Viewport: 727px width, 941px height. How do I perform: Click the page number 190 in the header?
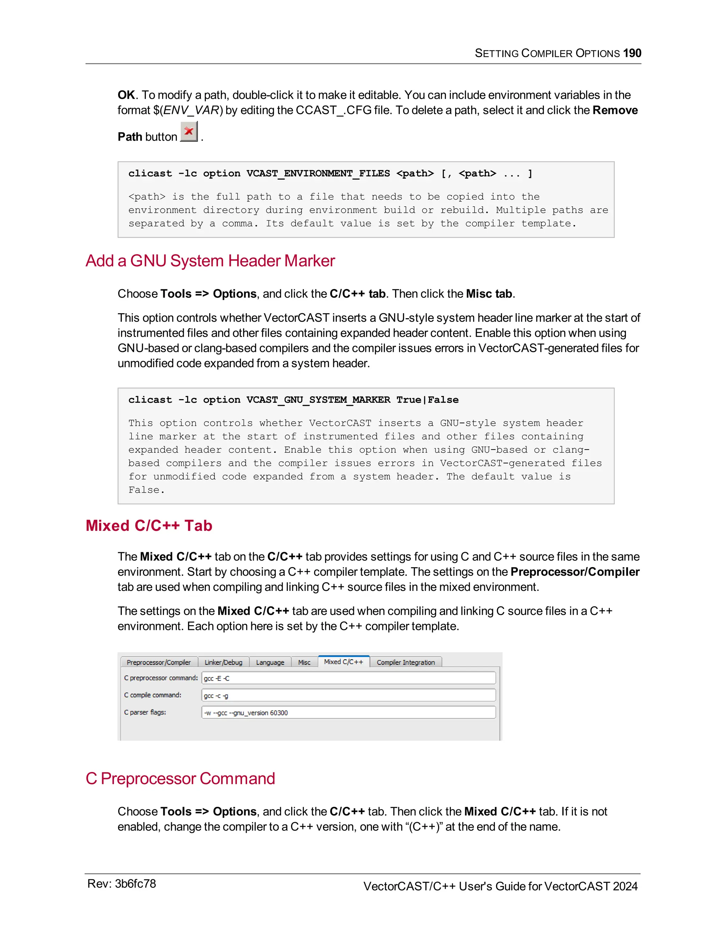[632, 53]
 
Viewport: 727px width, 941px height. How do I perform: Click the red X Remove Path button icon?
[188, 131]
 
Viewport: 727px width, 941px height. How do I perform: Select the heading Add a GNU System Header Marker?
[210, 261]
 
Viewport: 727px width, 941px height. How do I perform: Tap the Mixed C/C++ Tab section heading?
[149, 526]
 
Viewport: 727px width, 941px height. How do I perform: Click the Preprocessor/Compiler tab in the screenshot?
[158, 662]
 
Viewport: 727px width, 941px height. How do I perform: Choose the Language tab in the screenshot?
[270, 662]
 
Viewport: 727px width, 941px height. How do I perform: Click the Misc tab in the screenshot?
[304, 662]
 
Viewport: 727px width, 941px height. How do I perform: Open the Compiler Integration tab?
[406, 662]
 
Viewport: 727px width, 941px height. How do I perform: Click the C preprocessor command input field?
[348, 678]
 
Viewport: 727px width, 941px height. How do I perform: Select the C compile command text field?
[348, 695]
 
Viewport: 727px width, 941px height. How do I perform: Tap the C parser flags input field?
[348, 713]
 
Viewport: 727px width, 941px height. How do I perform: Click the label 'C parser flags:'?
[145, 712]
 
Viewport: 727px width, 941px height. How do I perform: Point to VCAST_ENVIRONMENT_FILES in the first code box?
[318, 174]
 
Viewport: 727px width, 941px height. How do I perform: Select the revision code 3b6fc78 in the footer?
[135, 884]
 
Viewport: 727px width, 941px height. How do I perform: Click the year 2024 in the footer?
[625, 886]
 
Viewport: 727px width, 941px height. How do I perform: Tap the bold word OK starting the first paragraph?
[126, 95]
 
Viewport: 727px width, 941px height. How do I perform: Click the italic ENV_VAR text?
[191, 110]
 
